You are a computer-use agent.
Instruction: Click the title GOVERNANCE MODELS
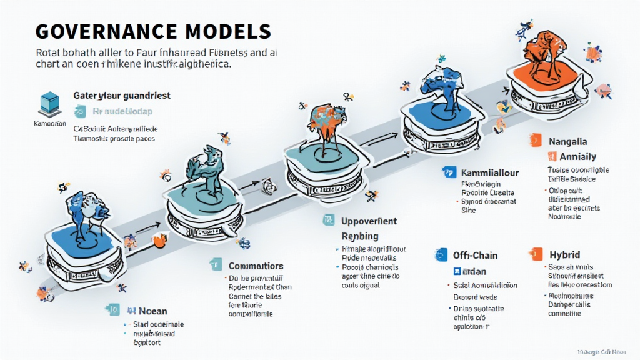[153, 31]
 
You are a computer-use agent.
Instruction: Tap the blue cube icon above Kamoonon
[49, 102]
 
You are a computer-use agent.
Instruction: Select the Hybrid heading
[564, 255]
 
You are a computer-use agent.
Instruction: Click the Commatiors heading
[256, 266]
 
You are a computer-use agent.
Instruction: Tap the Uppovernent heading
[369, 221]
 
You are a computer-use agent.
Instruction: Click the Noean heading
[152, 311]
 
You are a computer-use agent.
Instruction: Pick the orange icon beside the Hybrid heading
[536, 254]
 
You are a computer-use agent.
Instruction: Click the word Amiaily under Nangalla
[577, 157]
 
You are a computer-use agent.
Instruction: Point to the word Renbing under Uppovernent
[360, 236]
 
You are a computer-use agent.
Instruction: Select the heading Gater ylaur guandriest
[122, 96]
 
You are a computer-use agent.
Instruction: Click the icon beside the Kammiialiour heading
[447, 172]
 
